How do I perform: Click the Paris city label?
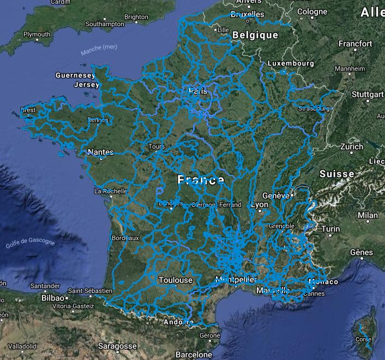point(198,91)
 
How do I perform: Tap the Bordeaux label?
point(125,238)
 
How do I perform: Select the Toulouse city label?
point(176,280)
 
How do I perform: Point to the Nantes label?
point(100,152)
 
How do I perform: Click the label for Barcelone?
point(194,355)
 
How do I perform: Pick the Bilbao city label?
point(52,298)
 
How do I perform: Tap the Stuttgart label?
point(368,94)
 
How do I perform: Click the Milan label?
point(368,216)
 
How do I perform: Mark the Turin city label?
point(330,229)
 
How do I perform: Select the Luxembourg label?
point(291,64)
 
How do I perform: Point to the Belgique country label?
point(255,35)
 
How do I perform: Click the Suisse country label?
point(337,174)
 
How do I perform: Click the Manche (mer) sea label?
point(99,50)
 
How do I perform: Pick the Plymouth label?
point(37,34)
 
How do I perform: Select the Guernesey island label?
point(75,75)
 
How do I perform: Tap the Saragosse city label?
point(117,346)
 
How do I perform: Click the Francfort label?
point(355,44)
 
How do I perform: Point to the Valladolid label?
point(22,346)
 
